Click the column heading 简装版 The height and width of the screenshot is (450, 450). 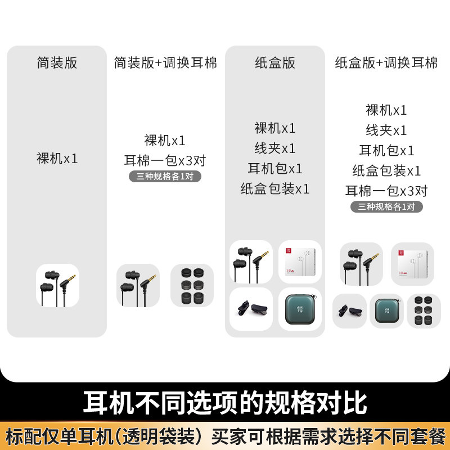point(57,62)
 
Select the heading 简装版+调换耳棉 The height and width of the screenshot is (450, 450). point(165,62)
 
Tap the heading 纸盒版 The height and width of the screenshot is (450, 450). point(275,62)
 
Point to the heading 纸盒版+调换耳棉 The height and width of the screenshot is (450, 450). point(386,62)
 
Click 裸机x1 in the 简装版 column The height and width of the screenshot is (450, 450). point(57,159)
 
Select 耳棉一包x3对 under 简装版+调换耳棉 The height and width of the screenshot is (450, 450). point(165,161)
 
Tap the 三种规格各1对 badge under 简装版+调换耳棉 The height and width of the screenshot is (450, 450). point(165,176)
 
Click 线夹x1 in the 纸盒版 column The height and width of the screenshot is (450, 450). point(275,148)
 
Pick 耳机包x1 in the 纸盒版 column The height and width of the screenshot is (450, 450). point(275,169)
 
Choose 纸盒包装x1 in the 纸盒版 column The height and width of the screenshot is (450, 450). point(275,189)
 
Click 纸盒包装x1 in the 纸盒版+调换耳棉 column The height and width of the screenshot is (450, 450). point(386,171)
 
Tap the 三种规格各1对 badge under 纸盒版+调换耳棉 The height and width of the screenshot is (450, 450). point(386,206)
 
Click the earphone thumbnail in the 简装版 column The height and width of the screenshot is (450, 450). point(57,285)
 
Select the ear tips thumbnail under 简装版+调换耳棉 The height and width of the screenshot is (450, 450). point(192,285)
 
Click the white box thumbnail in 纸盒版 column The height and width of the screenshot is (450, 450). point(300,262)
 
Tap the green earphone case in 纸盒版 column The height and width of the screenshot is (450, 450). point(300,309)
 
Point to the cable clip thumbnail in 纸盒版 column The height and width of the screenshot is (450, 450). point(251,309)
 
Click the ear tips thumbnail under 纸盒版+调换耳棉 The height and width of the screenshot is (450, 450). point(424,311)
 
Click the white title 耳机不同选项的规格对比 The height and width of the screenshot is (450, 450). point(225,403)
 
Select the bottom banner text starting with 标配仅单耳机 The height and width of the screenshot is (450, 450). point(225,436)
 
